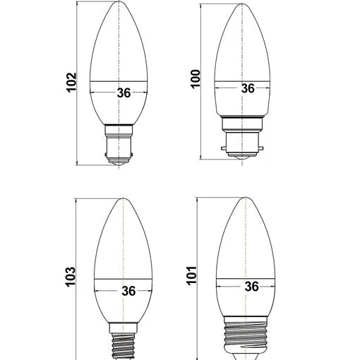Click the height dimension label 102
[x=71, y=82]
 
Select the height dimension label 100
[x=195, y=79]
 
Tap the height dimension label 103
[x=71, y=277]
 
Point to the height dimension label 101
[x=191, y=276]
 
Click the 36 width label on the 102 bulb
[x=124, y=93]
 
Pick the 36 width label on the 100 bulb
[x=248, y=88]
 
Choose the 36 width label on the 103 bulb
[x=128, y=291]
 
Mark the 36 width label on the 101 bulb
[x=251, y=287]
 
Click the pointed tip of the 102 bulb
[x=119, y=1]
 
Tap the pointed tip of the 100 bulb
[x=242, y=4]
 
